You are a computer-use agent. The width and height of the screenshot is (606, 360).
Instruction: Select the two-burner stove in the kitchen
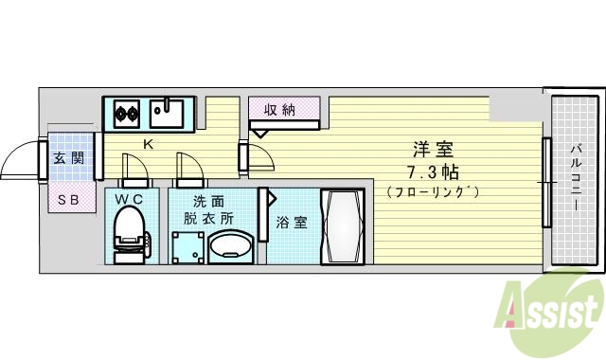tap(125, 115)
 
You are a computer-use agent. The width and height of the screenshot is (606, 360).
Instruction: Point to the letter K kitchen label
tap(148, 144)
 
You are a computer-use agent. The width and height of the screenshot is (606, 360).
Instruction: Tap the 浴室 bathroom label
tap(291, 224)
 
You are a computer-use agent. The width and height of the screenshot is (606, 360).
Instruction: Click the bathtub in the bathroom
tap(343, 229)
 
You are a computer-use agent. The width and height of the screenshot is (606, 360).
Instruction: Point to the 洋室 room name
tap(432, 150)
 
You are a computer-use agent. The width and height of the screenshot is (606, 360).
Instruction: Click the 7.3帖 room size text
tap(432, 171)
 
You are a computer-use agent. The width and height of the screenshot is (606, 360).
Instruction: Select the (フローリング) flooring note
tap(433, 192)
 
